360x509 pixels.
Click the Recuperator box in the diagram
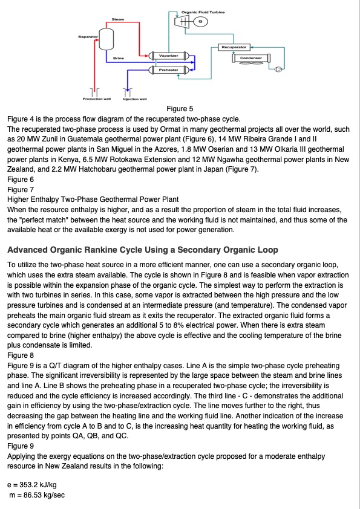pos(234,47)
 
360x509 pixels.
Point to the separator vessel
pos(106,40)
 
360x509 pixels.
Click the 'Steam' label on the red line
pos(118,20)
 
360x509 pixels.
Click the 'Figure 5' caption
pos(180,109)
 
